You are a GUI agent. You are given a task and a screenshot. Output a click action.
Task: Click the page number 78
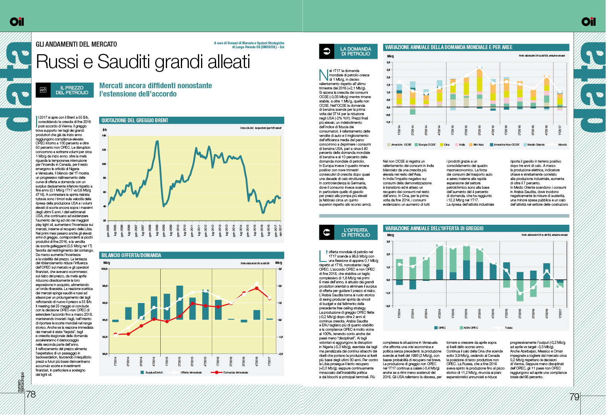(x=31, y=395)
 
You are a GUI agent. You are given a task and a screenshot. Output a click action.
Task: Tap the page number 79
(x=574, y=396)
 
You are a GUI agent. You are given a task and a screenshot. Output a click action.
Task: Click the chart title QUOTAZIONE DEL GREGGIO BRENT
(x=135, y=120)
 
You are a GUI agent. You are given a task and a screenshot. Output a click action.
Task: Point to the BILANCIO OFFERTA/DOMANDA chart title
(x=131, y=255)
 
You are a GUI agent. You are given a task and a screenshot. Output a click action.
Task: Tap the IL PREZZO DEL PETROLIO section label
(x=72, y=90)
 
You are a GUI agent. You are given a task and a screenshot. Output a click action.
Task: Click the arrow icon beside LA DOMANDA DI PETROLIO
(x=327, y=51)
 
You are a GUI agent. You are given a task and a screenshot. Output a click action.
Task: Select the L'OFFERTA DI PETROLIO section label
(x=355, y=233)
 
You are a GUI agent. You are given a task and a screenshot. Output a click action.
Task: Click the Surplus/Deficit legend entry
(x=152, y=372)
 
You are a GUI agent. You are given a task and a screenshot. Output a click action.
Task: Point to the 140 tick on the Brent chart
(x=104, y=136)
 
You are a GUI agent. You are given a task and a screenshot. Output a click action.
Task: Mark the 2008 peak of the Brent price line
(x=157, y=141)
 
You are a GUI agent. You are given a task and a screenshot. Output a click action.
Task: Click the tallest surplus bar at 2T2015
(x=180, y=303)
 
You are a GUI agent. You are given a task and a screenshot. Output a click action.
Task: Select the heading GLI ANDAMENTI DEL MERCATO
(x=76, y=44)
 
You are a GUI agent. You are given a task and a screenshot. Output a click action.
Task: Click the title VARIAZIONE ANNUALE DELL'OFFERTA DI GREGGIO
(x=434, y=228)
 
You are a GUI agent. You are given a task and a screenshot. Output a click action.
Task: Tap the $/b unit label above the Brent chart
(x=104, y=130)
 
